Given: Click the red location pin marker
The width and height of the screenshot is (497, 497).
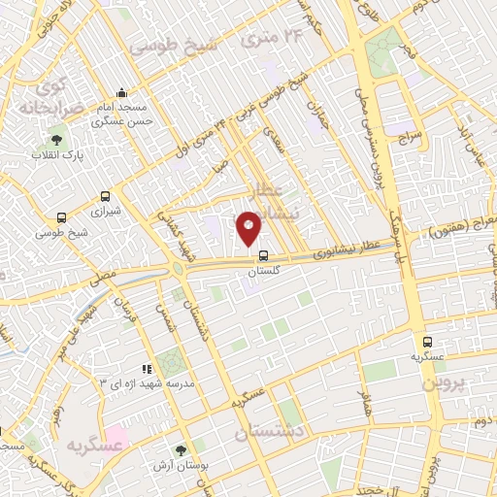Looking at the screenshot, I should (x=249, y=226).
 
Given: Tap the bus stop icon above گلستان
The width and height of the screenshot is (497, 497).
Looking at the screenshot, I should (x=263, y=256).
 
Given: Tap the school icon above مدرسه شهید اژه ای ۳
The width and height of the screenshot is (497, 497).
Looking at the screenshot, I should (x=147, y=369).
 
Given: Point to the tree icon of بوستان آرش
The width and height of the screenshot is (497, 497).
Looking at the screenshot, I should (x=181, y=449).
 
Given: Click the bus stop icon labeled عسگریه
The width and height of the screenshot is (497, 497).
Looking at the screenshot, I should (x=428, y=342).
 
